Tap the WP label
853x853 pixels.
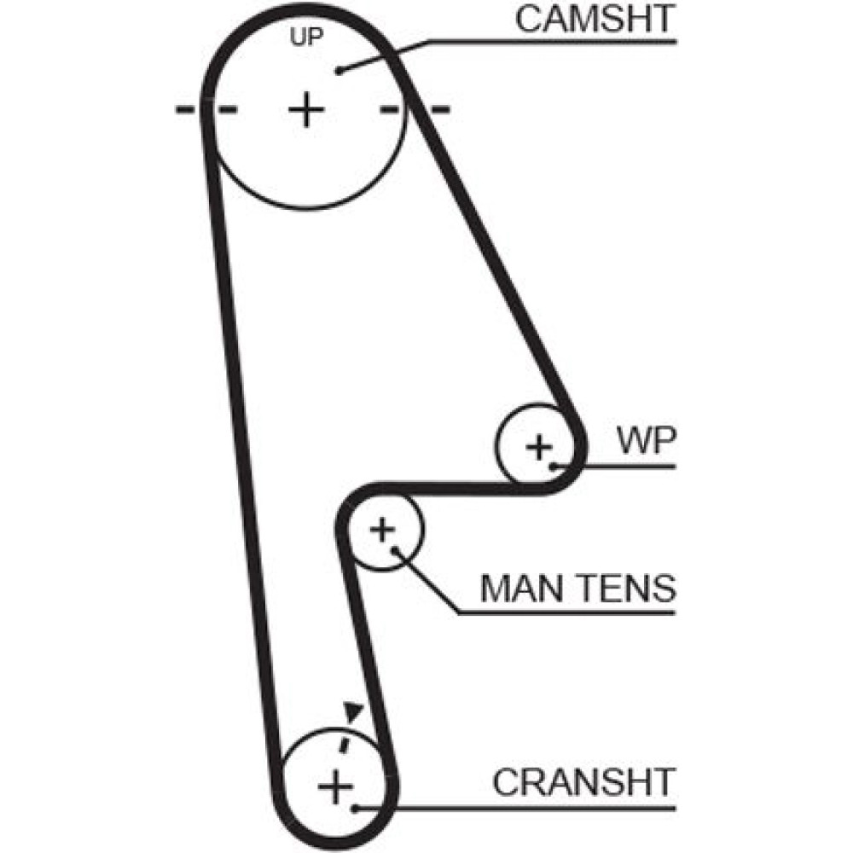pos(647,442)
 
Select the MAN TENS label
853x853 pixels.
pos(577,588)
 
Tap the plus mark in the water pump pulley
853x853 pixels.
pos(538,446)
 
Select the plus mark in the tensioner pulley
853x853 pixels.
pos(382,530)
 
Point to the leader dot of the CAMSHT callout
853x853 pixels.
pos(339,71)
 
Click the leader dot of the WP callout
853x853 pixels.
pos(554,466)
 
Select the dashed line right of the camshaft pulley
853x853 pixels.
pos(415,109)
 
